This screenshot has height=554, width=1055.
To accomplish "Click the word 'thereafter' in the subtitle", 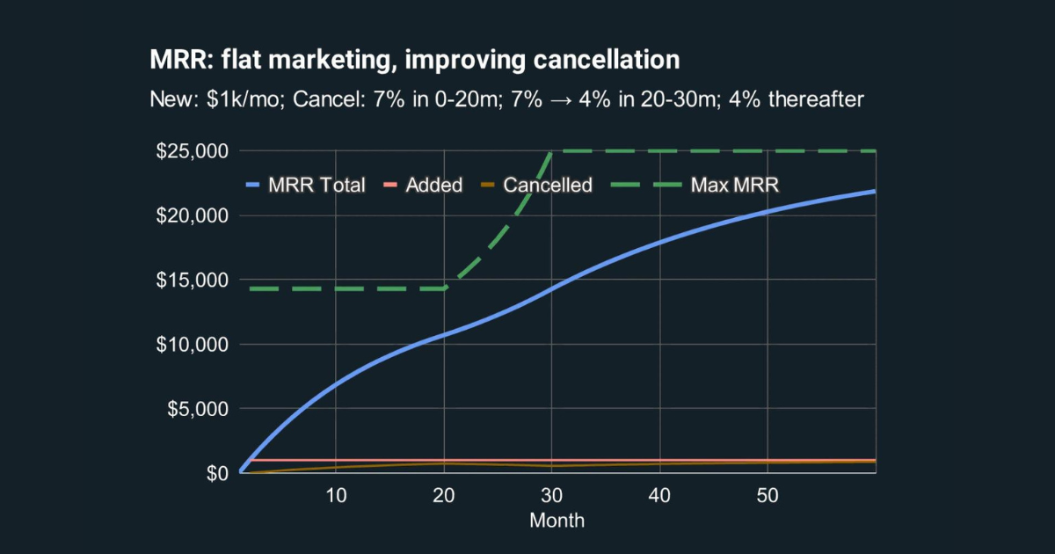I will pos(816,99).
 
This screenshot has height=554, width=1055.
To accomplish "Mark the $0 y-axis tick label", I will pos(217,473).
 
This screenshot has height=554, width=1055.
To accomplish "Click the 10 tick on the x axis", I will pos(337,495).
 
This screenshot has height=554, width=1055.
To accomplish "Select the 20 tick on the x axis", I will pos(445,495).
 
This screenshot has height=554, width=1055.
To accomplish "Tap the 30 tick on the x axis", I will pos(552,495).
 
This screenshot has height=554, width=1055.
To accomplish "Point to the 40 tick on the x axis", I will pos(660,495).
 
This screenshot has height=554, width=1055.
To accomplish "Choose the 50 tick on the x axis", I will pos(768,495).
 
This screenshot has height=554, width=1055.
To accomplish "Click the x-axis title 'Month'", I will pos(557,520).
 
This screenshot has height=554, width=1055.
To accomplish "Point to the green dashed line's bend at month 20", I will pos(445,288).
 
